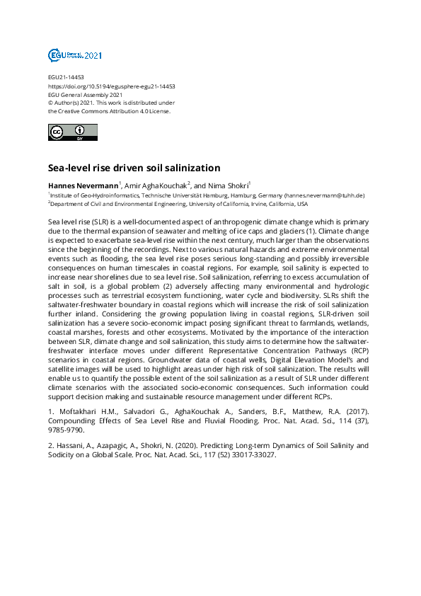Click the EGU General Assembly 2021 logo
point(74,55)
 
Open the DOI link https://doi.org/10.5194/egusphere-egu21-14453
point(111,86)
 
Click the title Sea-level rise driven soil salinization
point(134,168)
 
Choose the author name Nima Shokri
point(230,185)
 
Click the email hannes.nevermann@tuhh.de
point(324,195)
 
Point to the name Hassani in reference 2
point(71,446)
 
